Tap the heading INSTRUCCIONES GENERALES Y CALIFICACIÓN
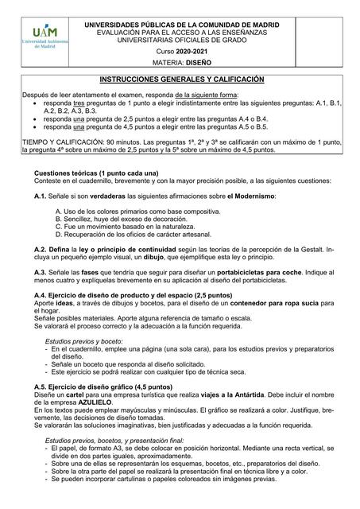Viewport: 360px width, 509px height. pos(181,80)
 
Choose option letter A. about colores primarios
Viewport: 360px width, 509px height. pos(60,211)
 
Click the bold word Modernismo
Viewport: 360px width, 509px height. pos(254,196)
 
